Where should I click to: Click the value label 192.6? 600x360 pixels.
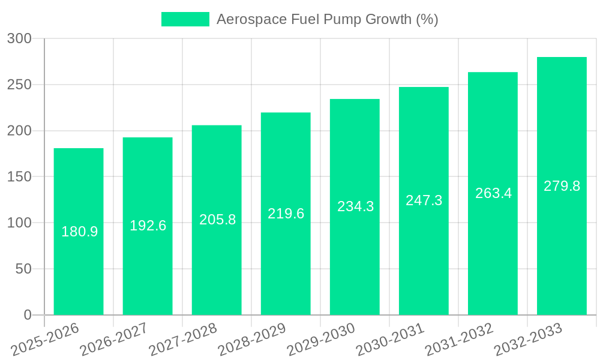(x=148, y=226)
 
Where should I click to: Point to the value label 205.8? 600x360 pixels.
(x=217, y=220)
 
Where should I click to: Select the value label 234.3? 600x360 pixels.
(x=355, y=206)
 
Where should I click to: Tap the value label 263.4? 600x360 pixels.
(x=493, y=193)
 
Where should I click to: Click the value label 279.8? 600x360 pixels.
(x=562, y=186)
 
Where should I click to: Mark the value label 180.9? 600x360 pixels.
(x=79, y=232)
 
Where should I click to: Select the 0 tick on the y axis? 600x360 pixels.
(x=28, y=315)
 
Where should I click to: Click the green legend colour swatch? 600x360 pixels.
(x=185, y=19)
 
